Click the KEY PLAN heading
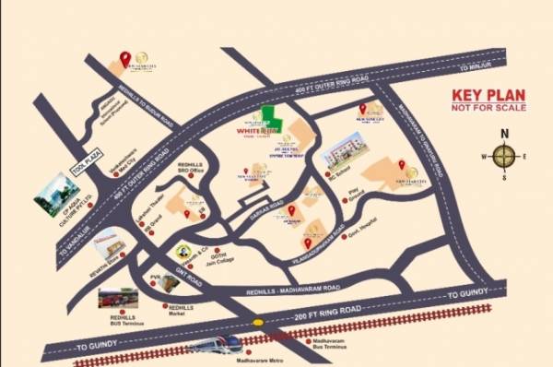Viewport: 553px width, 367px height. (x=488, y=95)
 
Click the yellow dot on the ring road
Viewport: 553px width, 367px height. (x=259, y=323)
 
